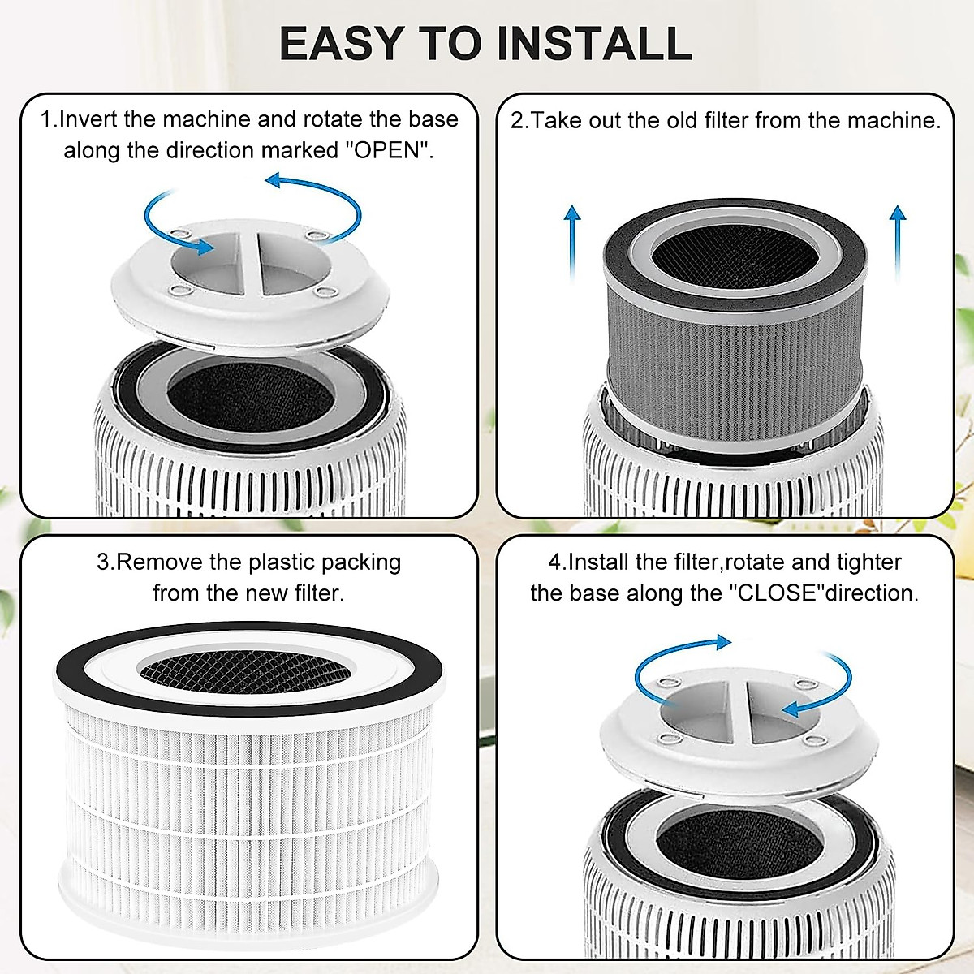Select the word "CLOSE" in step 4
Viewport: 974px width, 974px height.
pos(776,593)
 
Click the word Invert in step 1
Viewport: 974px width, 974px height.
pos(89,119)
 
